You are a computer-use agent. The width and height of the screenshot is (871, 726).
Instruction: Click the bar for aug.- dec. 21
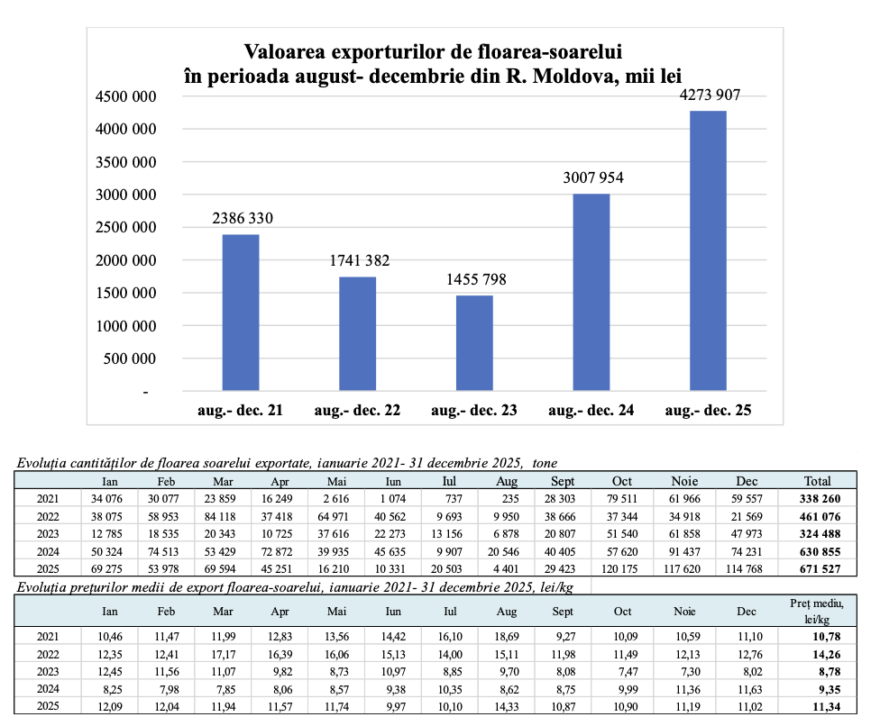(x=241, y=313)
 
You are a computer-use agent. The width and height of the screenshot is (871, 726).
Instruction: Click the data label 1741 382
(x=358, y=260)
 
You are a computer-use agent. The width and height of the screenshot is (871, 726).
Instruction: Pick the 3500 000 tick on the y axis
(x=126, y=162)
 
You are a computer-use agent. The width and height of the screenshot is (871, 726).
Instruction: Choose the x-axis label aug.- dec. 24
(x=591, y=411)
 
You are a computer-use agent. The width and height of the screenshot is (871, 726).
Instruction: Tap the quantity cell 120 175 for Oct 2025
(x=621, y=567)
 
